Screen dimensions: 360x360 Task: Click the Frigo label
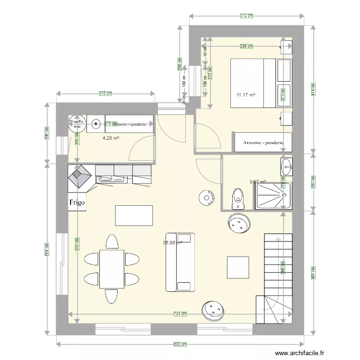tap(77, 203)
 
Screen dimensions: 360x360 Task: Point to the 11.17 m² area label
tap(246, 95)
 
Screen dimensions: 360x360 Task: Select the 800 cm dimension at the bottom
tap(180, 344)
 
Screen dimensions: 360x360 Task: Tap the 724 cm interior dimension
tap(180, 314)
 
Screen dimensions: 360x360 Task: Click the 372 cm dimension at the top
tap(246, 16)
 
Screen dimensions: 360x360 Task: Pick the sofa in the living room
tap(180, 262)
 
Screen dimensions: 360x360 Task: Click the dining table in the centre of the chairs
tap(112, 269)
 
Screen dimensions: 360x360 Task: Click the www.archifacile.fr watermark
tap(296, 352)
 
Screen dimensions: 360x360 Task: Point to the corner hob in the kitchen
tap(80, 176)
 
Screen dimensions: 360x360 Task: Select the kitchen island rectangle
tap(134, 215)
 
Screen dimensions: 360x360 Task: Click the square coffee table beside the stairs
tap(238, 267)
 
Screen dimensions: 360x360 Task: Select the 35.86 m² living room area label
tap(172, 243)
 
